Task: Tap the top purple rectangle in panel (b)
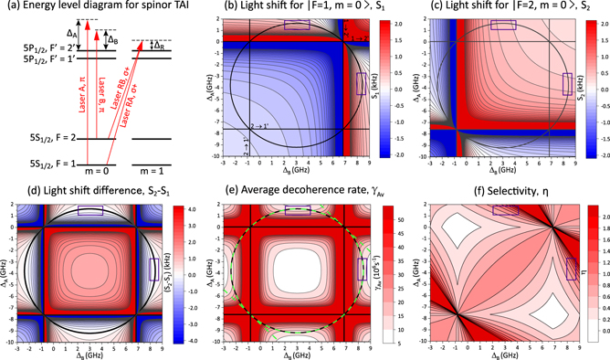coord(297,25)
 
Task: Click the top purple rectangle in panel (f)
coord(504,211)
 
